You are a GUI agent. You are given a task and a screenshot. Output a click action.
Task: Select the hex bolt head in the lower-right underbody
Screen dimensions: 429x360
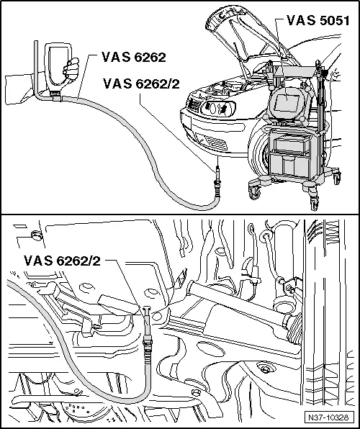267,370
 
